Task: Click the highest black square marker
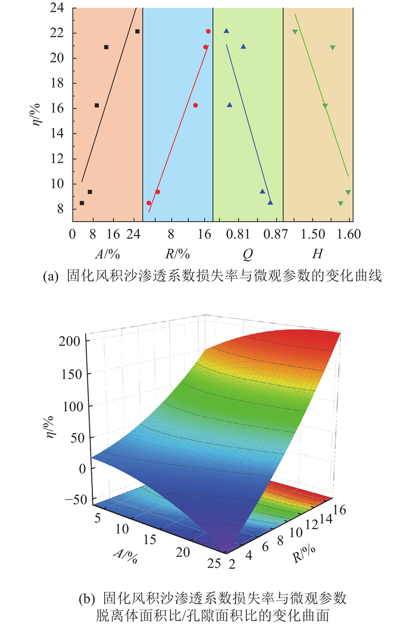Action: coord(137,32)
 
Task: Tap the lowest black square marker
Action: coord(82,203)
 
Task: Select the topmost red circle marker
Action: coord(208,32)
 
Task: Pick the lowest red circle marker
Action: coord(149,203)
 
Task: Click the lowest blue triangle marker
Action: coord(270,203)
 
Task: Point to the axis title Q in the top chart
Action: coord(247,254)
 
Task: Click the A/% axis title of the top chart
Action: coord(105,254)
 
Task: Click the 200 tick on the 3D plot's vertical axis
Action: coord(75,340)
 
